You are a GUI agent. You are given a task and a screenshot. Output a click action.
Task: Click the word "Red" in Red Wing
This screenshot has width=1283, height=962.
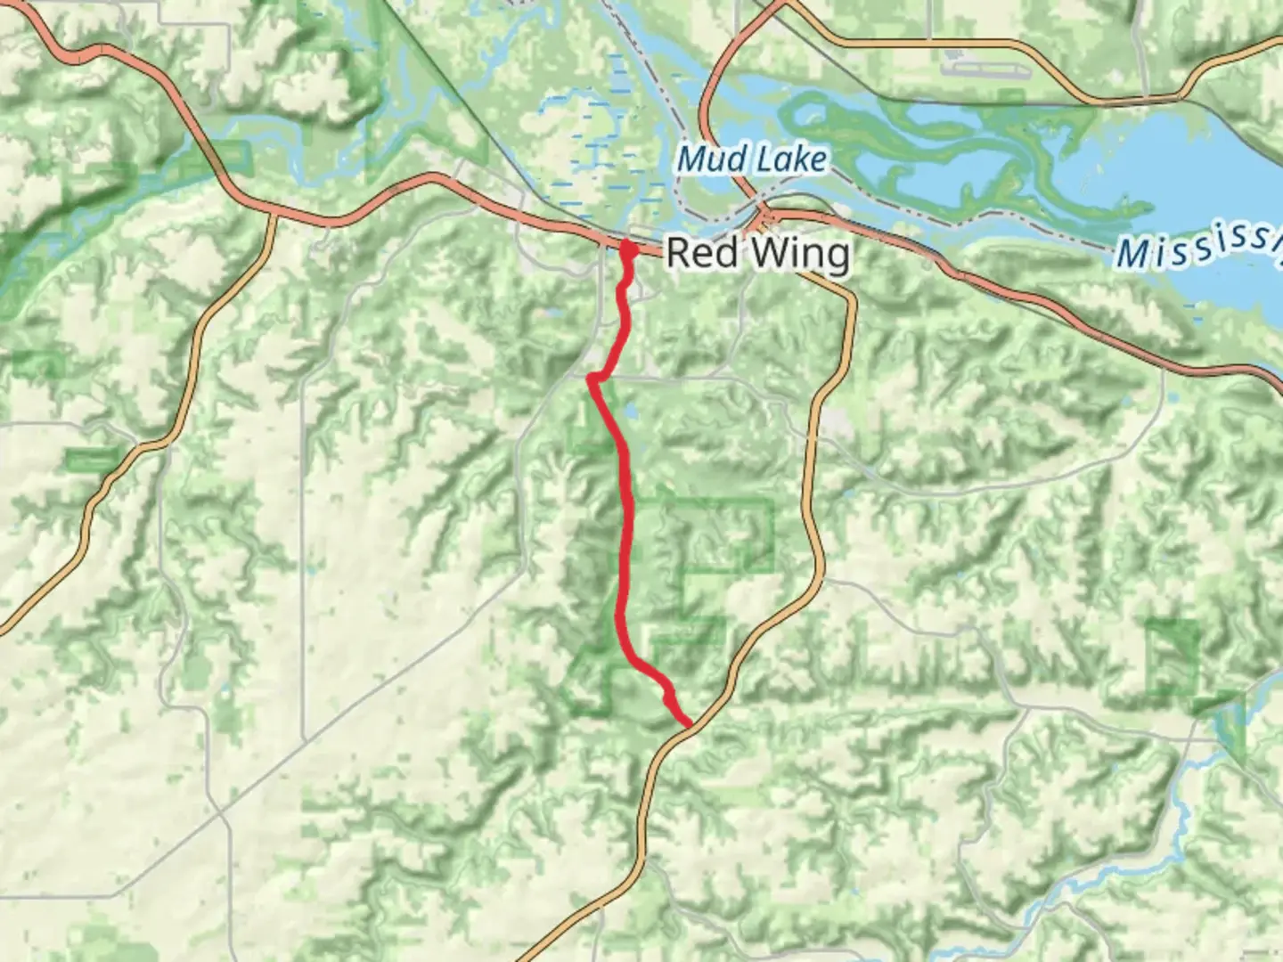[x=703, y=253]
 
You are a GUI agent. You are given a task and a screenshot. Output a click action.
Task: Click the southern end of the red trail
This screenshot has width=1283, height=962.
[x=688, y=724]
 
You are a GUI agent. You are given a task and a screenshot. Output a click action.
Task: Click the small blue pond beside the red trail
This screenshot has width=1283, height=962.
[x=631, y=413]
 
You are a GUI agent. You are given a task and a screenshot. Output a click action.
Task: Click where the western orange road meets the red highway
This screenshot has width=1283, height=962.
[x=273, y=214]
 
